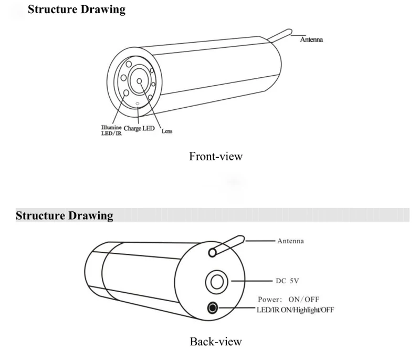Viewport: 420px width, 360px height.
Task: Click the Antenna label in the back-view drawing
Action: click(290, 241)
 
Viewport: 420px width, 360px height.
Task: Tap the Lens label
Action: click(166, 131)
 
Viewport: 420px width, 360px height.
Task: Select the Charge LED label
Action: click(139, 128)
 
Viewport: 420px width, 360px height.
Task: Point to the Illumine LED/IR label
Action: click(111, 130)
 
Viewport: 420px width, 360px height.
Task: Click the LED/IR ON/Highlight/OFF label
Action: click(295, 310)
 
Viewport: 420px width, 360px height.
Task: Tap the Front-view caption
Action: click(216, 156)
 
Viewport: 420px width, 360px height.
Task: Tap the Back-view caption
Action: click(216, 342)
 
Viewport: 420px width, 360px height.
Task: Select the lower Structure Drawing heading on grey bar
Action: click(64, 215)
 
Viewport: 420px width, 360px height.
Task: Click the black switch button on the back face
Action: click(213, 307)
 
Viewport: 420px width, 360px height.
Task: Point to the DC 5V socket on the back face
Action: click(216, 282)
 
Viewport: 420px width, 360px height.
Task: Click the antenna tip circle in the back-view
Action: click(212, 253)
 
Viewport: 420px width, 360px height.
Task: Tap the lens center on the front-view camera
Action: click(140, 81)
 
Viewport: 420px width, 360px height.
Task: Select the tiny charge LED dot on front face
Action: click(138, 104)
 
